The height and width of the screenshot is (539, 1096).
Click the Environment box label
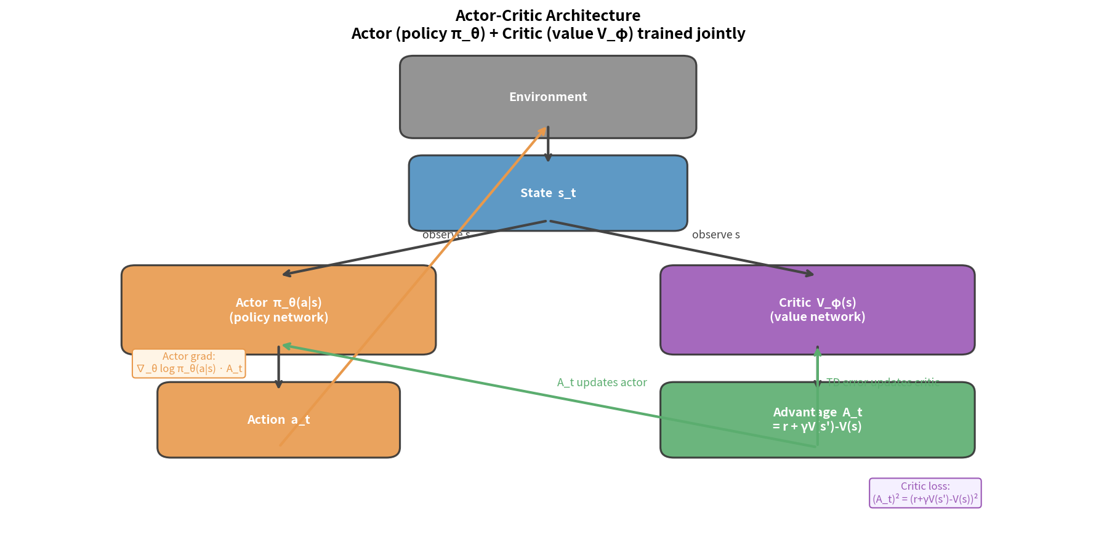tap(548, 97)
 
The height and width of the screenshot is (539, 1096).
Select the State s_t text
tap(548, 193)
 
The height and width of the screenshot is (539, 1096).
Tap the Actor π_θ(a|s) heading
tap(278, 302)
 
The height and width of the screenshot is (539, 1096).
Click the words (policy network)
tap(278, 317)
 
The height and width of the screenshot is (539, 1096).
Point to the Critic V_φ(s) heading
tap(817, 302)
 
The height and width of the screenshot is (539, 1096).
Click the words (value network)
tap(817, 317)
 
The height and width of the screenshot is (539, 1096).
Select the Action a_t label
tap(278, 419)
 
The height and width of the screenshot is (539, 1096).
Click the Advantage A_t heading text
tap(817, 412)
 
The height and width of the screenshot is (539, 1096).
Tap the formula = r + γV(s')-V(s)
tap(817, 426)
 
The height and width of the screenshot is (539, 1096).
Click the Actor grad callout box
tap(189, 363)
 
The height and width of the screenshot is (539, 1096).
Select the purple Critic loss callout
tap(925, 493)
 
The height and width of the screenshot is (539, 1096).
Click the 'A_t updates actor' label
tap(602, 382)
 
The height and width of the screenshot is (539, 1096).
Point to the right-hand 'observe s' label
tap(715, 235)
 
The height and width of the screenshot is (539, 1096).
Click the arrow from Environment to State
tap(548, 145)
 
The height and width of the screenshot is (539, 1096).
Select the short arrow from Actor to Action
tap(278, 367)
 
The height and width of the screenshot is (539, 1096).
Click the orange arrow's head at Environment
tap(543, 130)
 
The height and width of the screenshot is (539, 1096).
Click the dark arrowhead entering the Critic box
tap(810, 274)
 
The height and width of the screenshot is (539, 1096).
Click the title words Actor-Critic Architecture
tap(547, 15)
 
